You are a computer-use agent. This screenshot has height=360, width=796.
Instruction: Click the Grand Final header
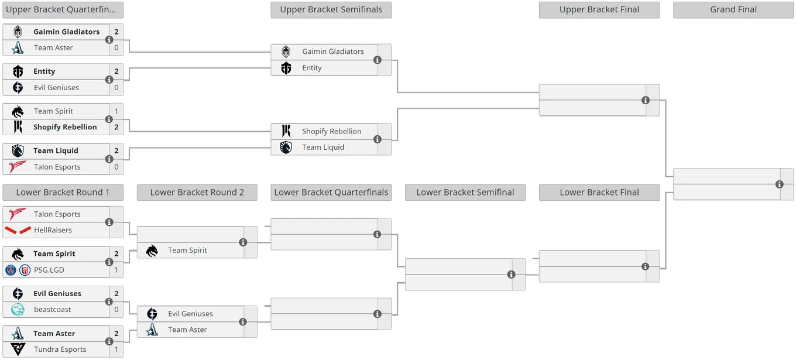point(733,9)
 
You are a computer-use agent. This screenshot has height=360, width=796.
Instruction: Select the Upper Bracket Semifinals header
point(331,9)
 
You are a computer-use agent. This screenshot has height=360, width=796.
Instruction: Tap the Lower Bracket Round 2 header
point(197,192)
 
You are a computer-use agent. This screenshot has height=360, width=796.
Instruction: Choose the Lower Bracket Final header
point(599,192)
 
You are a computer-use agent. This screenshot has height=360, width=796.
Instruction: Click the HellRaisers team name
point(53,230)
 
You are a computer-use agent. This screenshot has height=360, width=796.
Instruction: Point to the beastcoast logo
point(18,310)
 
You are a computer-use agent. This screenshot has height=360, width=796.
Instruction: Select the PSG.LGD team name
point(49,270)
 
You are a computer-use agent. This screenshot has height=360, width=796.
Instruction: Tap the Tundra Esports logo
point(18,349)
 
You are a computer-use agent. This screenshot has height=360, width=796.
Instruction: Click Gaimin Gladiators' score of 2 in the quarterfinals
point(116,32)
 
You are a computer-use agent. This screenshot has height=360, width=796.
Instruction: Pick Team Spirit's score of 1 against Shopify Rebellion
point(116,111)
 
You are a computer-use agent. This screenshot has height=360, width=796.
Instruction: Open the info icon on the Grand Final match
point(779,184)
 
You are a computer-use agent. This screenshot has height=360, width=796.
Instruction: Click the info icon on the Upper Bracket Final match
point(646,100)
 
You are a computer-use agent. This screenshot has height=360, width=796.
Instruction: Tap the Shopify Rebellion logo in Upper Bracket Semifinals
point(286,131)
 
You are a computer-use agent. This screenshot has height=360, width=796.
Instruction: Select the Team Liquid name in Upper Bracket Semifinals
point(323,147)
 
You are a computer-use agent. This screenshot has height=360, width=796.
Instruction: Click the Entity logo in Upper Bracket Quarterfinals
point(18,71)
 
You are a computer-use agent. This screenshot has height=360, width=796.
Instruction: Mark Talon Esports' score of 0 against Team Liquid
point(116,167)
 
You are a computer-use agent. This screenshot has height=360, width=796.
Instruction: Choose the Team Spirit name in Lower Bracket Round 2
point(187,250)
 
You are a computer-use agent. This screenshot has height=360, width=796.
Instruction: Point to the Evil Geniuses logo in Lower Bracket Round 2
point(152,314)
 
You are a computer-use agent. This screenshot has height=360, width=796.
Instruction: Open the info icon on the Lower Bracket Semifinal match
point(511,275)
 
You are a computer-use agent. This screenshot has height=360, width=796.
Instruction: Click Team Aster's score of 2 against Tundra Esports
point(116,333)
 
